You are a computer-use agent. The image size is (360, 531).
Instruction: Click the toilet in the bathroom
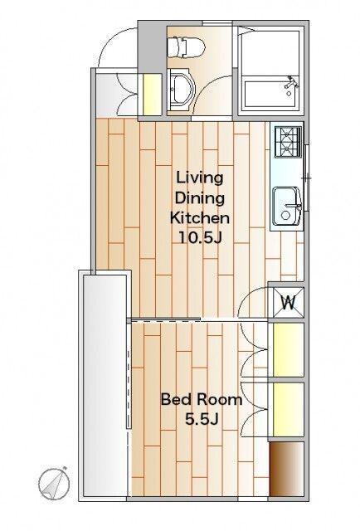pyautogui.click(x=187, y=46)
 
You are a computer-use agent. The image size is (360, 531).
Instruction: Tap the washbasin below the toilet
pyautogui.click(x=181, y=90)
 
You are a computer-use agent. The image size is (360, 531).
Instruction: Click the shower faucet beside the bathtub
pyautogui.click(x=291, y=83)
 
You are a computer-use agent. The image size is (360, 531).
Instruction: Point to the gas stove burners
pyautogui.click(x=288, y=142)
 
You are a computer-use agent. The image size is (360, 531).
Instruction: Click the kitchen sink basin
pyautogui.click(x=288, y=207)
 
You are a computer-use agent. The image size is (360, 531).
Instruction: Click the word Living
pyautogui.click(x=199, y=178)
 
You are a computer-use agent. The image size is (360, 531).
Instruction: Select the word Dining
pyautogui.click(x=199, y=199)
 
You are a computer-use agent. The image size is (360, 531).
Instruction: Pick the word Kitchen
pyautogui.click(x=199, y=217)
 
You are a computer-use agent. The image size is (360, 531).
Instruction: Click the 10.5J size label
pyautogui.click(x=199, y=238)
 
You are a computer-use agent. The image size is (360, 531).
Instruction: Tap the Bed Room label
pyautogui.click(x=202, y=400)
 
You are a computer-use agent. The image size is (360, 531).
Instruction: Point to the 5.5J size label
pyautogui.click(x=202, y=420)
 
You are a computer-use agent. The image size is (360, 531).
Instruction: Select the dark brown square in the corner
pyautogui.click(x=286, y=469)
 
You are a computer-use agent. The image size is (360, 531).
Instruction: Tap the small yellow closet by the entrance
pyautogui.click(x=152, y=95)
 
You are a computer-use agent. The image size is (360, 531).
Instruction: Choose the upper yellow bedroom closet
pyautogui.click(x=288, y=350)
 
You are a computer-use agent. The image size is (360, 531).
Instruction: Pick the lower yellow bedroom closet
pyautogui.click(x=288, y=409)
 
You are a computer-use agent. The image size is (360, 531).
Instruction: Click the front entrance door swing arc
pyautogui.click(x=111, y=37)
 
